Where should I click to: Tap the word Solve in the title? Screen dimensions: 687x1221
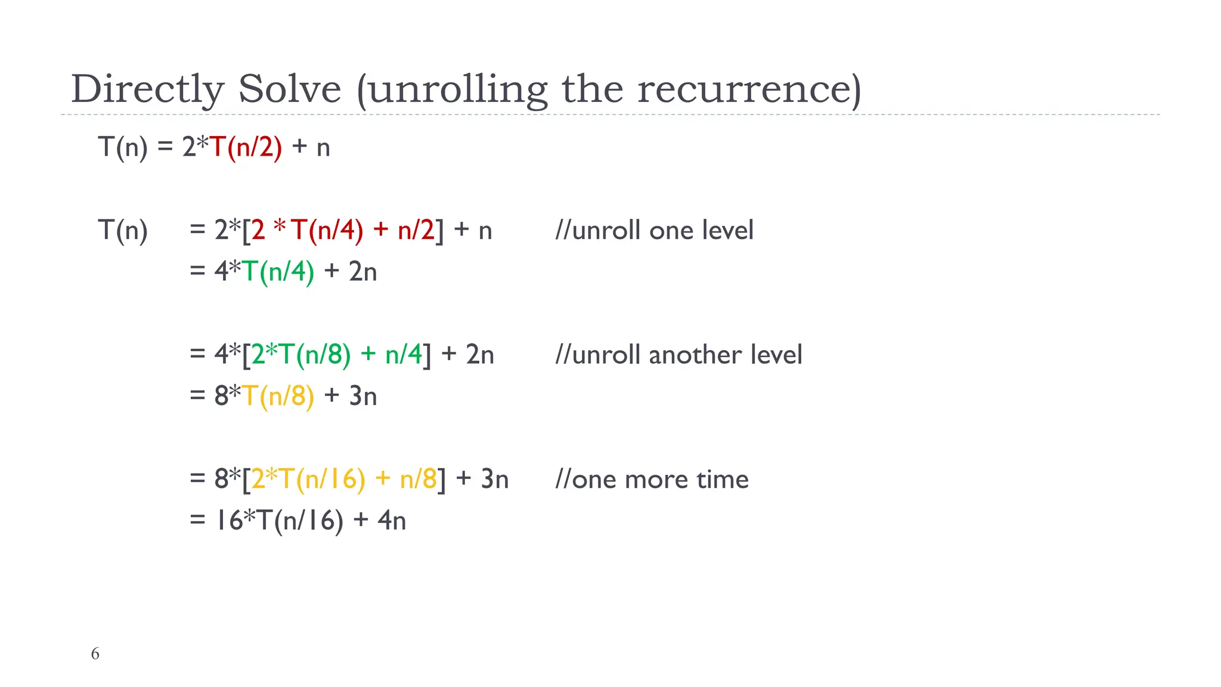pos(290,89)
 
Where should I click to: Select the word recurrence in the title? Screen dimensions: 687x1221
pos(749,89)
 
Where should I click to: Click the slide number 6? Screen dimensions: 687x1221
pos(95,654)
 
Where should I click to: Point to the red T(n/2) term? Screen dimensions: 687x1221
pos(246,147)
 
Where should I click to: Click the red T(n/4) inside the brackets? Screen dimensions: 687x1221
pos(327,230)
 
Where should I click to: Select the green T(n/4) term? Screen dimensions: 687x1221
pos(278,271)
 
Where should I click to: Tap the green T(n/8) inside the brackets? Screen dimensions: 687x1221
pos(315,354)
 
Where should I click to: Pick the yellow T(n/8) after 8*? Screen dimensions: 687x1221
pos(278,395)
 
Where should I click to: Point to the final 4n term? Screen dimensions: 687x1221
pos(392,520)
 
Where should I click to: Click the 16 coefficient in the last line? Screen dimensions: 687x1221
pos(228,520)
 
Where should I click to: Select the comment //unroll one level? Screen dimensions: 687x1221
pos(654,230)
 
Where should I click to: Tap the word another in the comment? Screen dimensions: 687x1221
pos(695,355)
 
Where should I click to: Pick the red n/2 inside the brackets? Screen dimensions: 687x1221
pos(416,230)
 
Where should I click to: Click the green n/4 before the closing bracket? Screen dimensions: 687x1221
pos(404,354)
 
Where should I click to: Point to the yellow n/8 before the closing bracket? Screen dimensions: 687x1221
pos(419,479)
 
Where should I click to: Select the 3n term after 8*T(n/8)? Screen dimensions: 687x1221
pos(362,395)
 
